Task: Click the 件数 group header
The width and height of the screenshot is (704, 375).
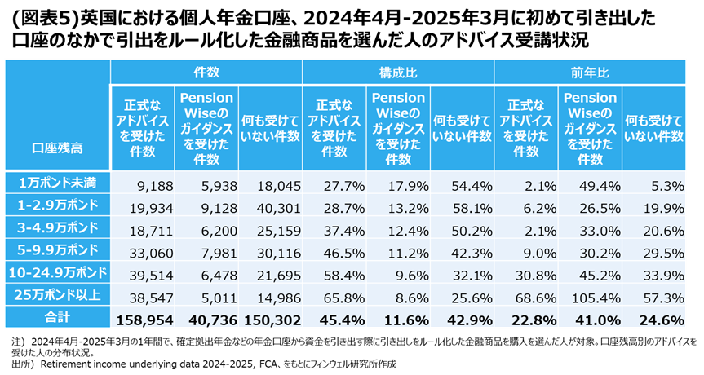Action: click(x=206, y=72)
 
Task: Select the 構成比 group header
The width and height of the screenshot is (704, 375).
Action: click(x=398, y=72)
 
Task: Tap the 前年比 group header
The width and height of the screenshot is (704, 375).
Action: click(x=590, y=72)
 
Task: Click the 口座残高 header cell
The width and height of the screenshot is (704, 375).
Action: click(x=57, y=150)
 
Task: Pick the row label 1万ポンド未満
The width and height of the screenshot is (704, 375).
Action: click(x=57, y=180)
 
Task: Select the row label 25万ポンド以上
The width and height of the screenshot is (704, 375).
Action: click(x=57, y=295)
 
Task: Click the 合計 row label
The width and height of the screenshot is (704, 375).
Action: click(x=57, y=318)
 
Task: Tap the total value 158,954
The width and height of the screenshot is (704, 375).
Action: click(x=144, y=319)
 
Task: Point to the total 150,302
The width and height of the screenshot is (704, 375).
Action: click(x=271, y=319)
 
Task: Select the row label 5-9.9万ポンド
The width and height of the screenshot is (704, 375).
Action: click(x=57, y=249)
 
